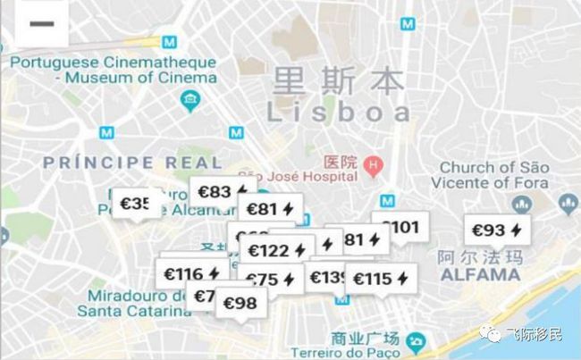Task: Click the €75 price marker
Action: (269, 280)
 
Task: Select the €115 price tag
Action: (381, 279)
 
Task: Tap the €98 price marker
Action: (239, 303)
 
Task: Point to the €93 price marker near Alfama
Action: (496, 230)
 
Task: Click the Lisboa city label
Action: (340, 112)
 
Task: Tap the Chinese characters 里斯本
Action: (339, 80)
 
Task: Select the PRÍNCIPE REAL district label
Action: (132, 163)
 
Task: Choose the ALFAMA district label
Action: (480, 274)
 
